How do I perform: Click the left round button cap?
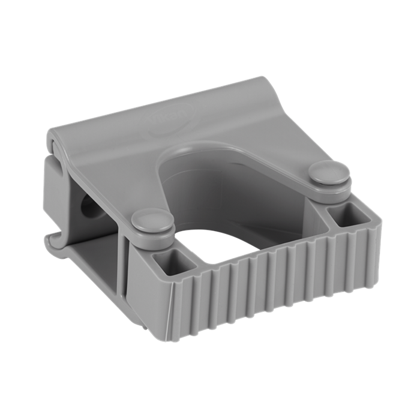(x=148, y=217)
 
